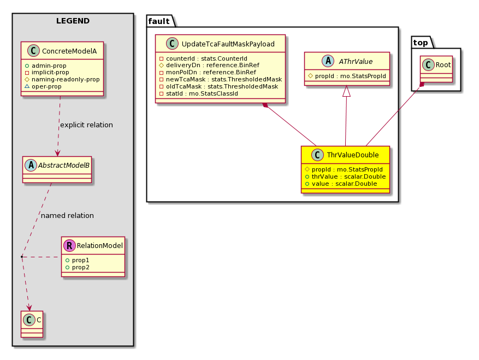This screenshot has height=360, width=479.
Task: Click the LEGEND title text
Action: [x=73, y=21]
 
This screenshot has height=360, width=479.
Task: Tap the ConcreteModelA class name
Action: [x=69, y=51]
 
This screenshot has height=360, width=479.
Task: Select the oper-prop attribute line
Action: [x=43, y=86]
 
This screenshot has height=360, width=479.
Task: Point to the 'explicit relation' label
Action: [x=86, y=125]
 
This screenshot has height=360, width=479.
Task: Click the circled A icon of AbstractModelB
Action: [x=31, y=166]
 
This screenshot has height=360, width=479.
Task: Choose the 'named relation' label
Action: [x=67, y=215]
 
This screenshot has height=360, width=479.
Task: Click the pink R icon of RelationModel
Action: [x=70, y=245]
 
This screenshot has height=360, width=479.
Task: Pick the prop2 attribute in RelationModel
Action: [x=78, y=267]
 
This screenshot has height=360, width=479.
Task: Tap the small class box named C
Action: [x=32, y=324]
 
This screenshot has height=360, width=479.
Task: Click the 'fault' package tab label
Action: [x=159, y=21]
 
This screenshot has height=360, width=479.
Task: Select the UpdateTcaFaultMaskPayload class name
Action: [x=228, y=44]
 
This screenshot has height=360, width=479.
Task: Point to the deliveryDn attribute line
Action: [x=209, y=65]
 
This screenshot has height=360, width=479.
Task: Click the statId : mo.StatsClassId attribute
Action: [x=199, y=93]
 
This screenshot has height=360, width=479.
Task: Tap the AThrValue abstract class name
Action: [x=356, y=61]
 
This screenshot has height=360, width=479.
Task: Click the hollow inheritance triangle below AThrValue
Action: [x=346, y=91]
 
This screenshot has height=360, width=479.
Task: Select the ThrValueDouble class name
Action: [x=353, y=155]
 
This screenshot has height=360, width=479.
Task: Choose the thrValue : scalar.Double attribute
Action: [x=345, y=176]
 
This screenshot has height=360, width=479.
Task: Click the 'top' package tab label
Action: [x=421, y=43]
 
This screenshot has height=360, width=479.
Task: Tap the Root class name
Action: [x=443, y=65]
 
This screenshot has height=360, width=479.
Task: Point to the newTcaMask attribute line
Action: [x=221, y=79]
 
